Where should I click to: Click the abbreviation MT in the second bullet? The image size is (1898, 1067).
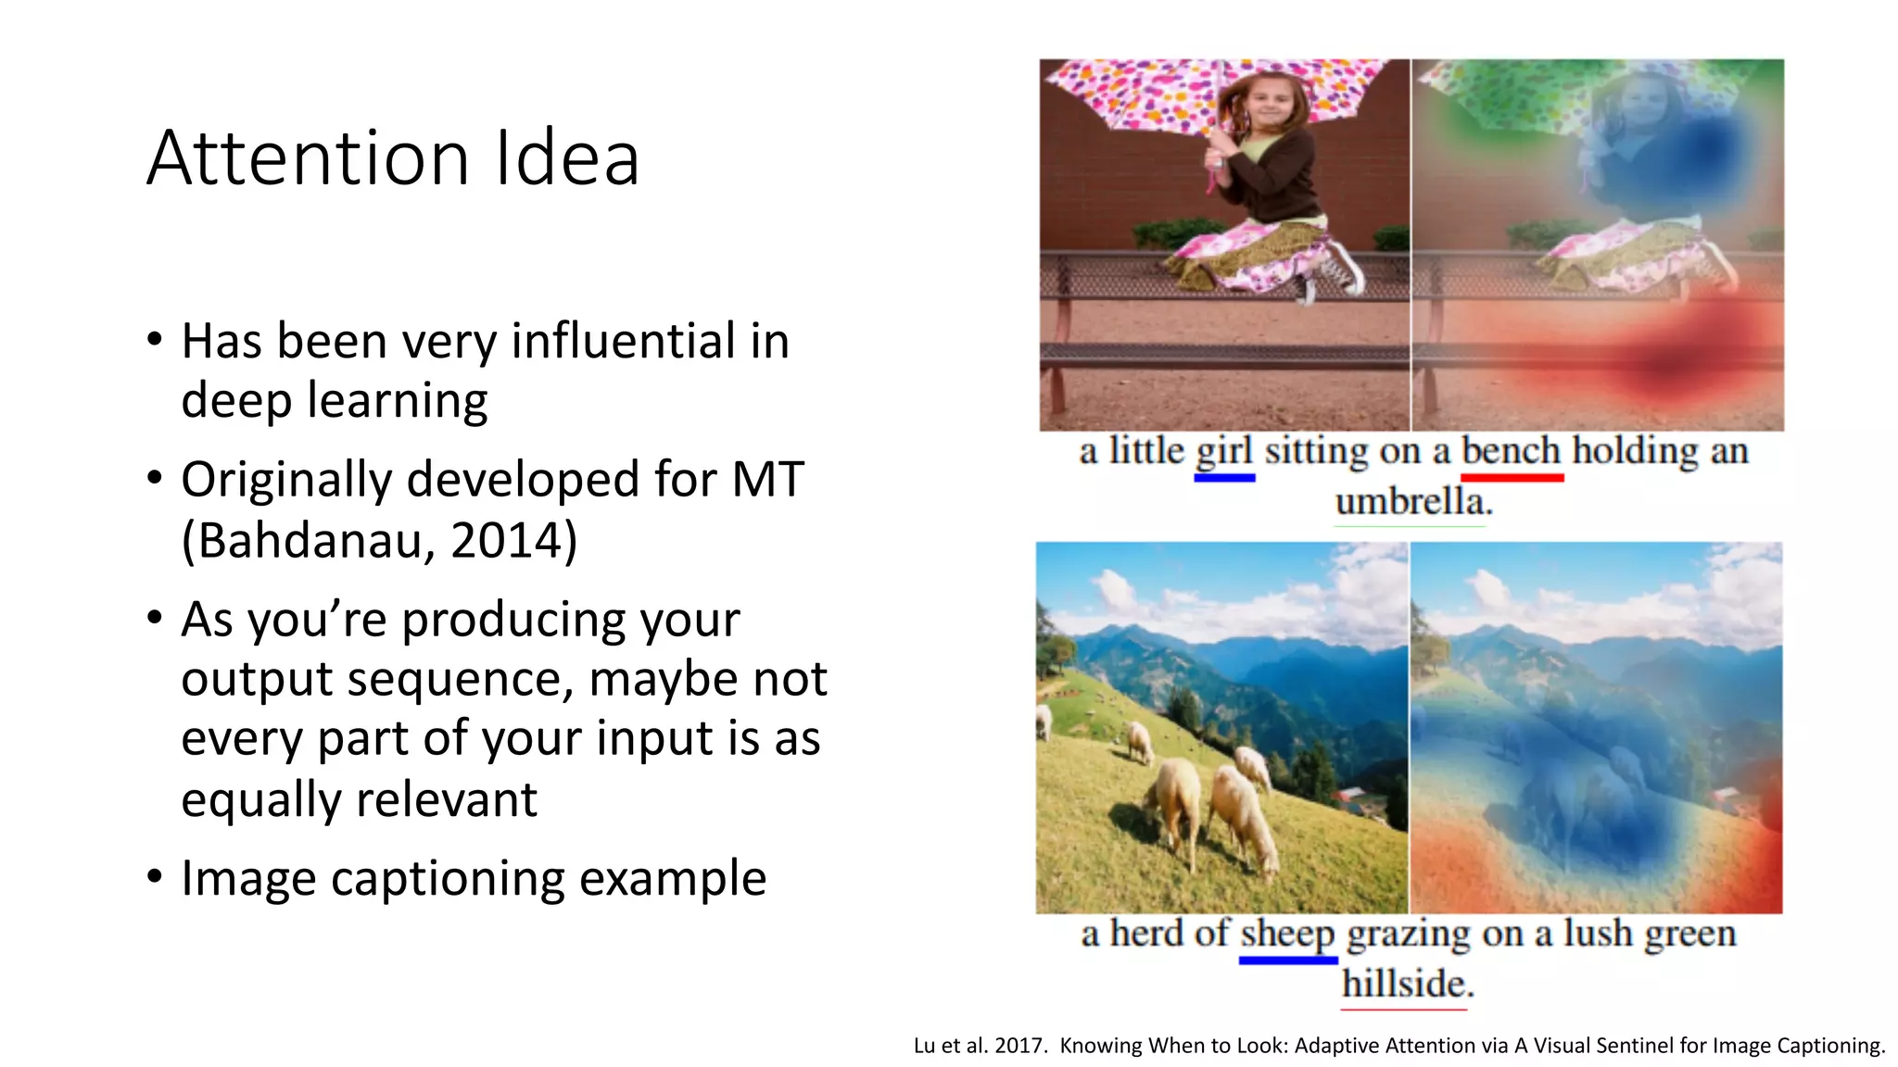[767, 480]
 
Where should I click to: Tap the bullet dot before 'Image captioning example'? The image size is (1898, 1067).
[155, 875]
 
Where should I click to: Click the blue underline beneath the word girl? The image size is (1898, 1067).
[1224, 478]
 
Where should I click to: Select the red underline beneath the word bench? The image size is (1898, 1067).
[1512, 478]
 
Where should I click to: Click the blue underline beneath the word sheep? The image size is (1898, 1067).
[1287, 960]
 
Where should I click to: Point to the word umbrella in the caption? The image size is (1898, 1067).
[1413, 502]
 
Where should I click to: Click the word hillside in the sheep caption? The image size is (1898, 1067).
[1407, 984]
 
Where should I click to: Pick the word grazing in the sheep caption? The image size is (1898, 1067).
[1409, 935]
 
